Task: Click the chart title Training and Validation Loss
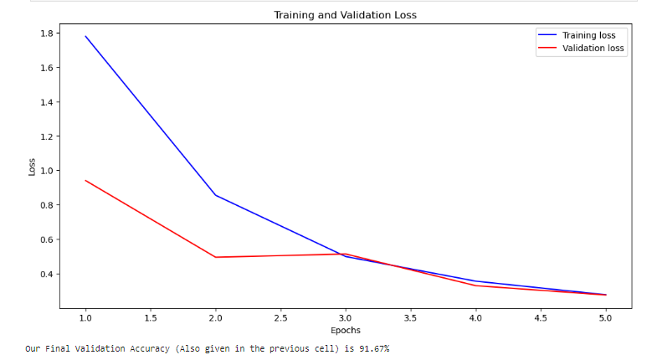click(x=344, y=15)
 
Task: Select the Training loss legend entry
click(x=588, y=35)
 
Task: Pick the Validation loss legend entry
click(x=593, y=49)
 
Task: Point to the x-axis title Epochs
click(x=344, y=330)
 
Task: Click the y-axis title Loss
click(x=33, y=167)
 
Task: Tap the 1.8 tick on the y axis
click(x=46, y=33)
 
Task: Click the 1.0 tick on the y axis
click(x=46, y=171)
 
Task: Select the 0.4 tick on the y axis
click(x=46, y=275)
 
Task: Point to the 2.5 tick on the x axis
click(x=280, y=318)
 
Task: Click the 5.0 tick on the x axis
click(x=605, y=318)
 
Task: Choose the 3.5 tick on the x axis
click(x=410, y=318)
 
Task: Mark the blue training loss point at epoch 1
click(x=85, y=36)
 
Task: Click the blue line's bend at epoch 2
click(x=215, y=195)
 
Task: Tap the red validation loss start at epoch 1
click(x=85, y=180)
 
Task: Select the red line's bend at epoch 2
click(x=215, y=257)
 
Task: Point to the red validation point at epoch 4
click(x=475, y=285)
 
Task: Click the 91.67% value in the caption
click(x=372, y=348)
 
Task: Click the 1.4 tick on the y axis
click(x=46, y=102)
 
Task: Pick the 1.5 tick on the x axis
click(x=151, y=318)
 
